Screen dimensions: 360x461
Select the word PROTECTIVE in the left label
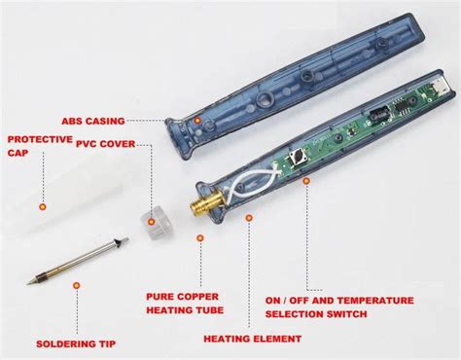point(39,138)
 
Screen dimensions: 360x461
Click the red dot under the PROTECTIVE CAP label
point(41,206)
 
